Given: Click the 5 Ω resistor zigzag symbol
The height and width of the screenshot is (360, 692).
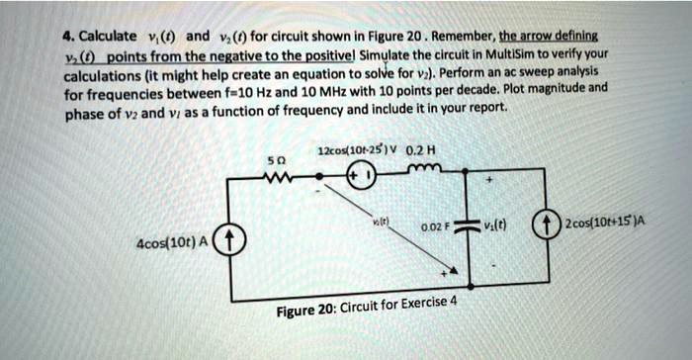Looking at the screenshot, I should pyautogui.click(x=277, y=181).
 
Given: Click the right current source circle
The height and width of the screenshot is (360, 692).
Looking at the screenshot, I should pyautogui.click(x=543, y=221).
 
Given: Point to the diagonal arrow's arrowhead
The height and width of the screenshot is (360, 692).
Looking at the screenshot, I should pyautogui.click(x=451, y=270).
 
